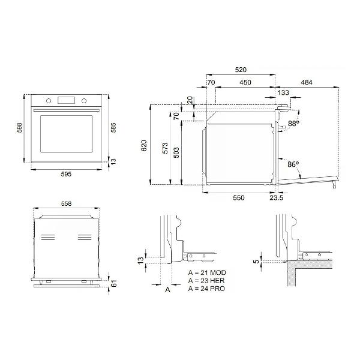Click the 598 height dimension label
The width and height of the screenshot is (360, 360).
[x=20, y=127]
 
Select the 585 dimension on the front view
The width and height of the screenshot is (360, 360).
[x=113, y=127]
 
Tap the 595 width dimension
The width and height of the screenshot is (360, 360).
[x=66, y=174]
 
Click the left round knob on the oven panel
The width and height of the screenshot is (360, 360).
[x=49, y=101]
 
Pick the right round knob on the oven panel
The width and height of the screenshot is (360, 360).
[x=84, y=101]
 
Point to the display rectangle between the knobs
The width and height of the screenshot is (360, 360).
[x=67, y=100]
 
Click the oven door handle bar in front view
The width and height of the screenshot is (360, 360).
[x=67, y=110]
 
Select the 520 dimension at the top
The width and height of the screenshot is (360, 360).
[x=241, y=70]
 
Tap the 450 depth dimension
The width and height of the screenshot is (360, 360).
[x=245, y=82]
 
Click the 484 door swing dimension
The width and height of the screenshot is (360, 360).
[x=307, y=82]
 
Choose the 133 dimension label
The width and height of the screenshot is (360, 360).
[x=283, y=92]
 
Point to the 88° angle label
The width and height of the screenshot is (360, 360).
[x=293, y=124]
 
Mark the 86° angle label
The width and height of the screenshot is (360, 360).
[x=293, y=164]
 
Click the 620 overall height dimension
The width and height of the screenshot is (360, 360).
[x=144, y=146]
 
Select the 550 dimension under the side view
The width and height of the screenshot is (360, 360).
[x=239, y=197]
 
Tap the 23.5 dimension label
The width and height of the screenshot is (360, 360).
[x=277, y=197]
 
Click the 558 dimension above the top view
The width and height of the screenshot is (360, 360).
[x=66, y=203]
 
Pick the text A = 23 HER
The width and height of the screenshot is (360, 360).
[x=206, y=281]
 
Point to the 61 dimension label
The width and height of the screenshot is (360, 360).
[x=114, y=283]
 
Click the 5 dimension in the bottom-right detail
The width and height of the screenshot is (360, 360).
[x=256, y=261]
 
